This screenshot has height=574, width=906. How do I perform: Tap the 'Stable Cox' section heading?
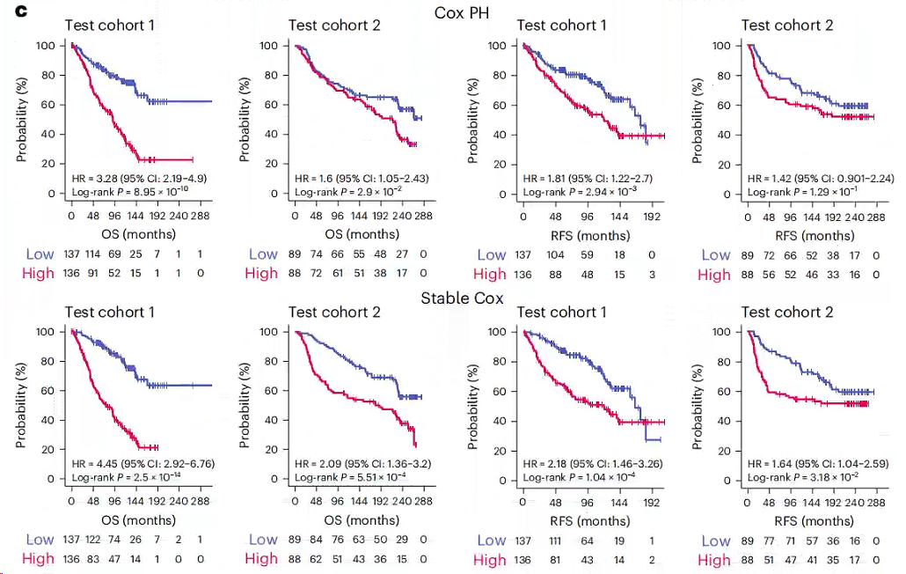(462, 298)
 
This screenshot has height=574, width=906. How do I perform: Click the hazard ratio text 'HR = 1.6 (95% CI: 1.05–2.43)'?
(361, 177)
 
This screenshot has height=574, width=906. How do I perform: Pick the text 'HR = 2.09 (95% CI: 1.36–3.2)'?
(361, 463)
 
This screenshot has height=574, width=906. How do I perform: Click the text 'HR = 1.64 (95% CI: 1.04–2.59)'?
(816, 463)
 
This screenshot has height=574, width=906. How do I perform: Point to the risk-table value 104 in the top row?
(554, 254)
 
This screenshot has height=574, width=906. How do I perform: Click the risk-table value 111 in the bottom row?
(554, 540)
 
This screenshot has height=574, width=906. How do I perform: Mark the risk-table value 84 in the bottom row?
(321, 540)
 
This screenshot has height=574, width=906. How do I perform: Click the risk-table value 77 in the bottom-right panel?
(770, 540)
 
